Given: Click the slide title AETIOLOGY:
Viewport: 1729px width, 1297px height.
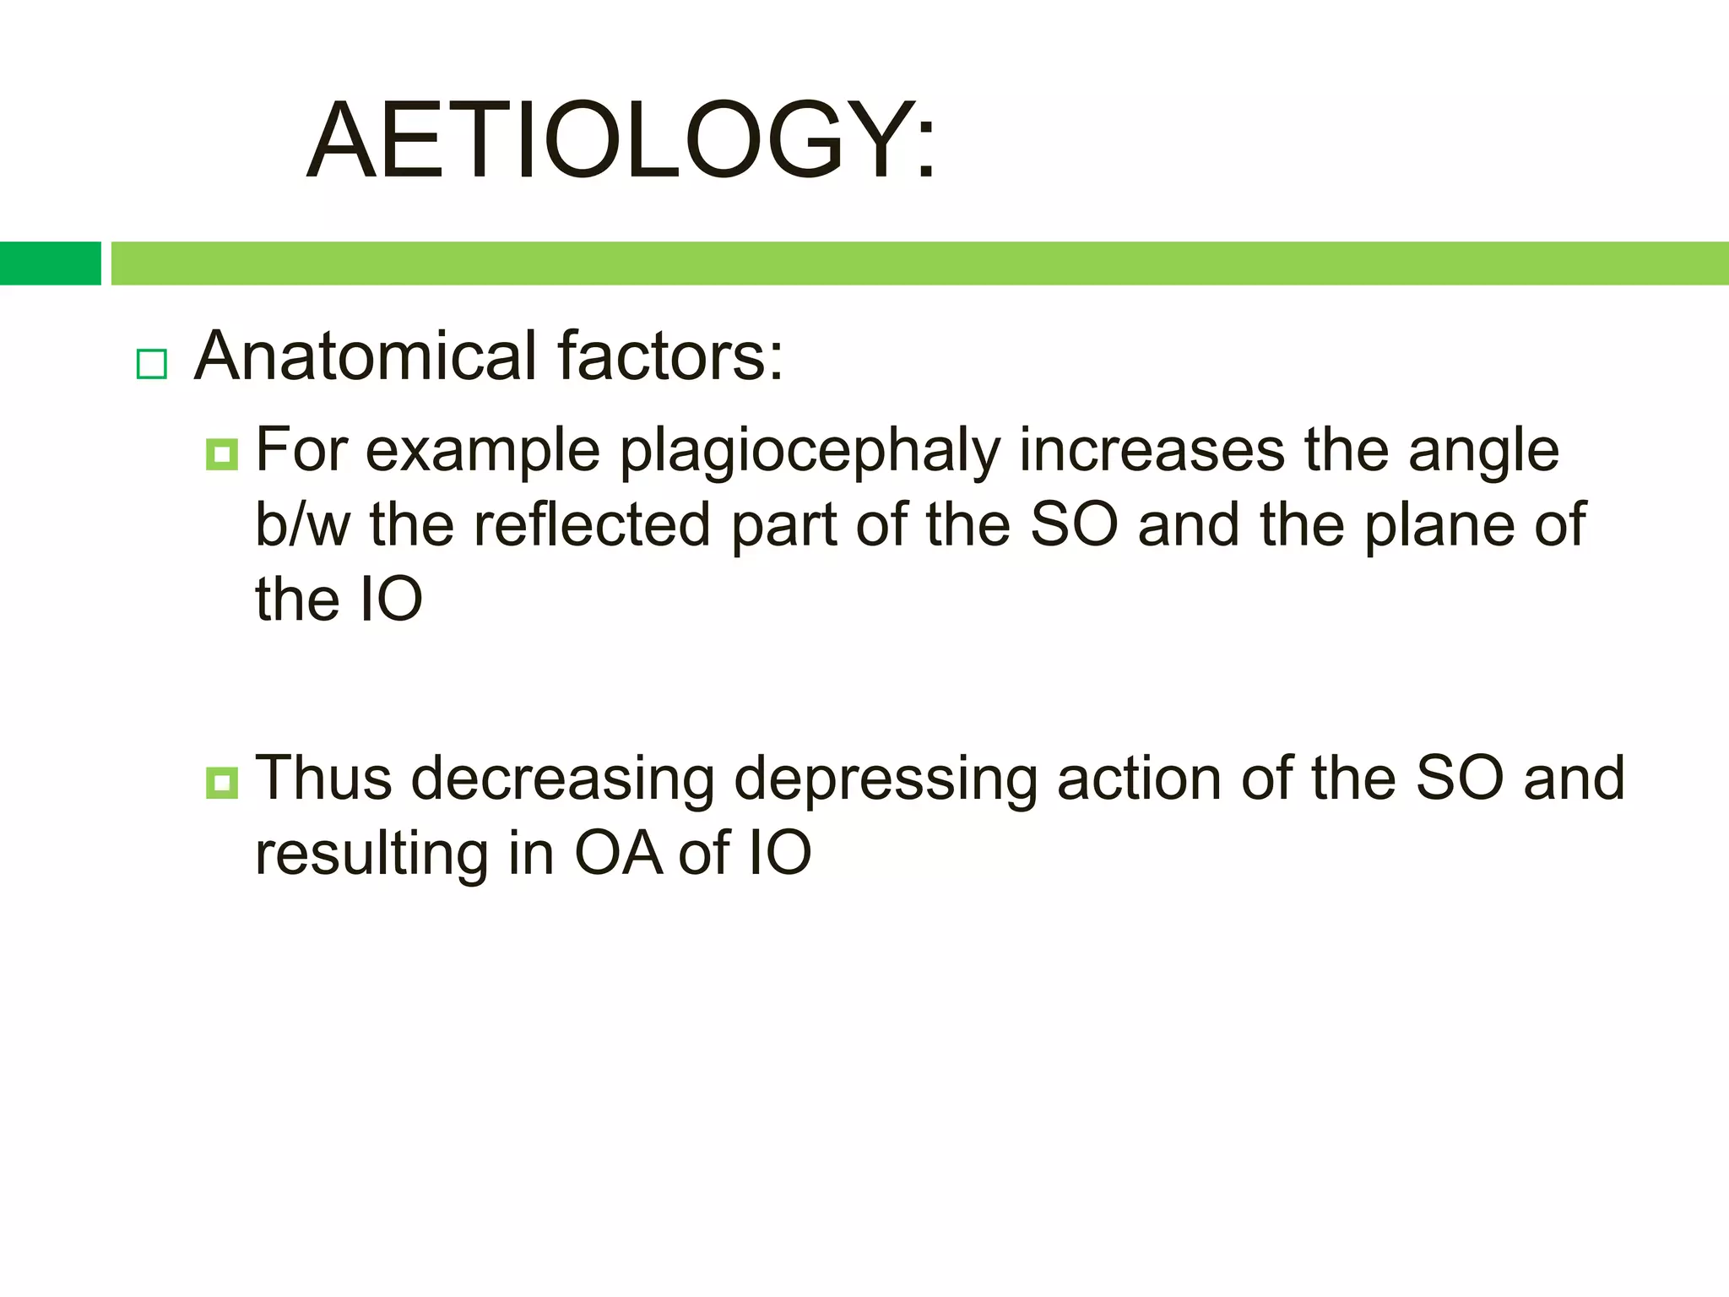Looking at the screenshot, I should click(x=621, y=141).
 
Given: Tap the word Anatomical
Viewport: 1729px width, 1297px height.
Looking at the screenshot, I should click(x=366, y=355).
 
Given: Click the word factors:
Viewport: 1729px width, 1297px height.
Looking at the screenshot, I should click(x=670, y=355).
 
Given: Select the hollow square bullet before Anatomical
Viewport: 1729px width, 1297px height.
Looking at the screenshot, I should click(x=152, y=364).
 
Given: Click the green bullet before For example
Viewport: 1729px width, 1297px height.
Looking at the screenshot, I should click(x=221, y=454).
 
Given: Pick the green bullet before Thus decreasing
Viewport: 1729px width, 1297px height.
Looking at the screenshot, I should click(x=221, y=782).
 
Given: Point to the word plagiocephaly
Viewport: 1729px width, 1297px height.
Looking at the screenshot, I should click(x=810, y=453).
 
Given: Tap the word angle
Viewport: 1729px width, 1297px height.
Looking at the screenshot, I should click(x=1483, y=453).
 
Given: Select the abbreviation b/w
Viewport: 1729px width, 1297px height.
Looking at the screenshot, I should click(x=302, y=524).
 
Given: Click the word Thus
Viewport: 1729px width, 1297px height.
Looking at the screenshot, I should click(x=323, y=778).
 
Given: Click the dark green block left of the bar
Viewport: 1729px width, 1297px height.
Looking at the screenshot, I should click(x=50, y=263).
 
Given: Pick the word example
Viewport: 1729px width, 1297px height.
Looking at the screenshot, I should click(x=482, y=453).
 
